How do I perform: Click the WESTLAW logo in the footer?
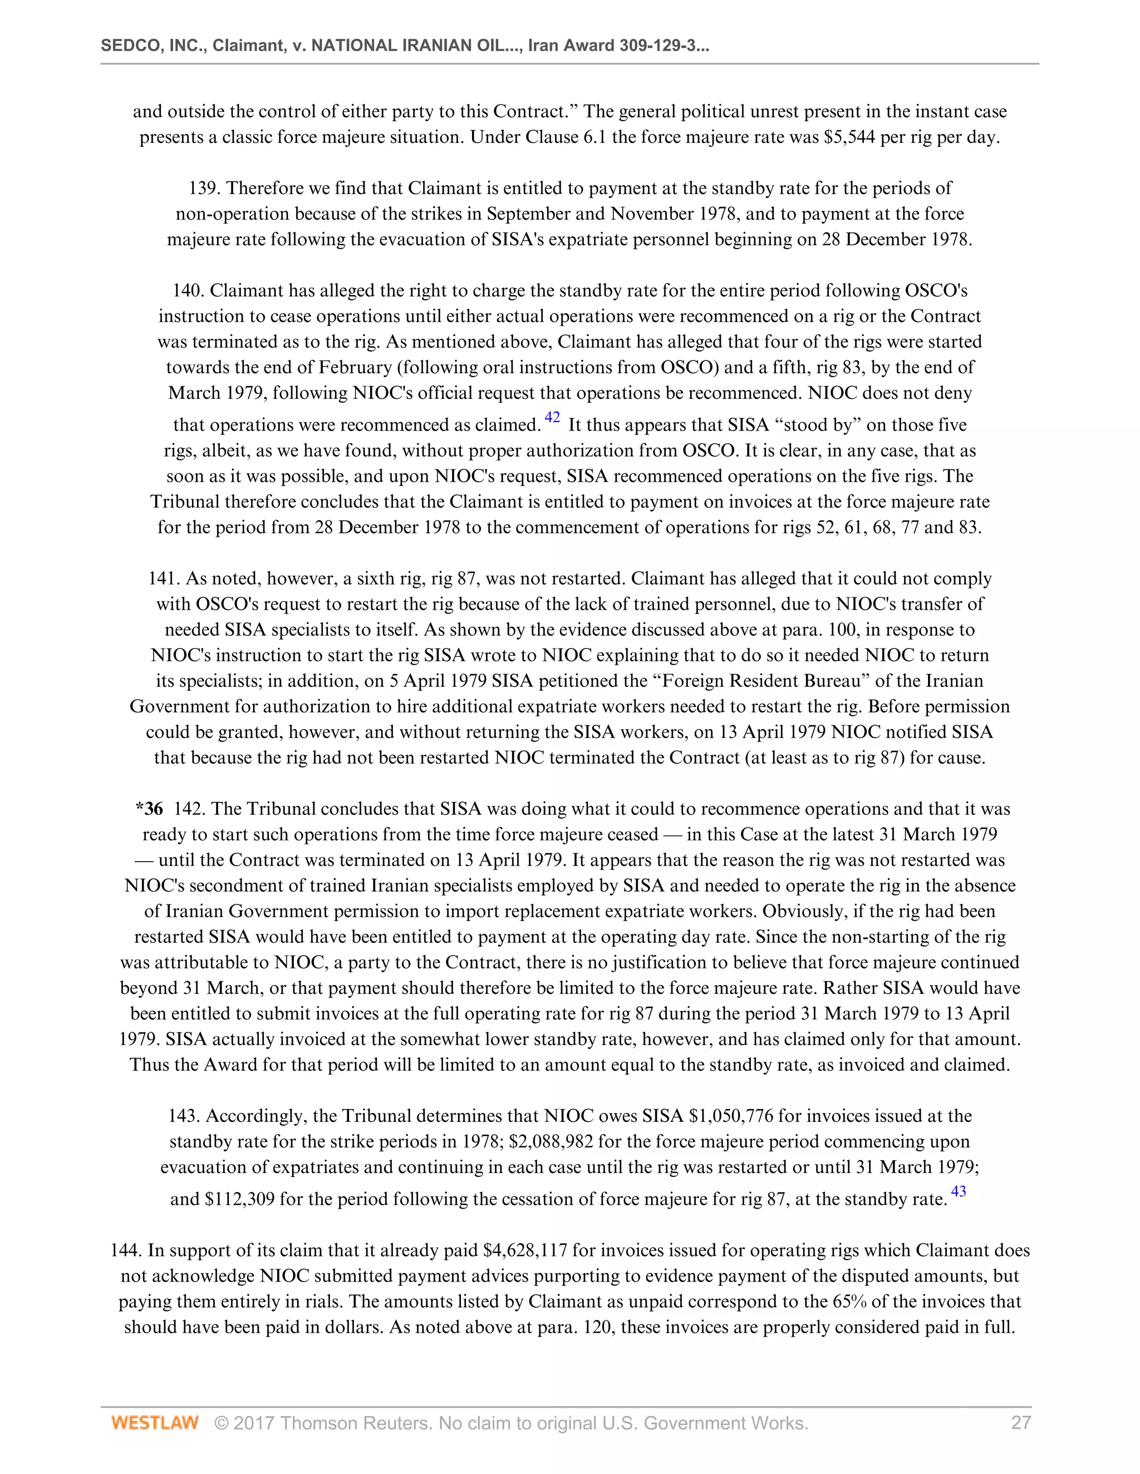[x=155, y=1423]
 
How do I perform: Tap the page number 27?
[x=1020, y=1423]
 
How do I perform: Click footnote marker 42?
[x=552, y=417]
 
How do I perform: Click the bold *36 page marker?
[x=149, y=809]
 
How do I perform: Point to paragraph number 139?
[x=204, y=189]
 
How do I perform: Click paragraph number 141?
[x=164, y=578]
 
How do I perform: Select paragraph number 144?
[x=126, y=1250]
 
